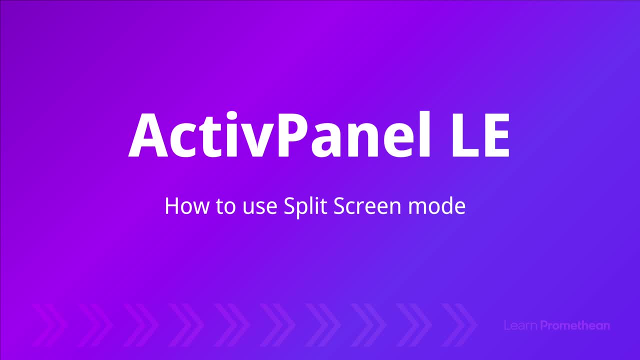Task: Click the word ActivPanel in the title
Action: [279, 134]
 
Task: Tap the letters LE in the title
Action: [481, 135]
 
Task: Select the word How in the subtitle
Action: [187, 206]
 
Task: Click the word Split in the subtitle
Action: [305, 207]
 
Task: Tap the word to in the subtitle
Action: [225, 207]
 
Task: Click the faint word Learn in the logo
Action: [520, 325]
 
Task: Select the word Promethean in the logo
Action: [575, 325]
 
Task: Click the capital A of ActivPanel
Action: [148, 135]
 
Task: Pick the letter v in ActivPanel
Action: [255, 140]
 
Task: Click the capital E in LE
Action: [495, 135]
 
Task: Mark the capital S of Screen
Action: [339, 206]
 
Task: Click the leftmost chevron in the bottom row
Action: [54, 325]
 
